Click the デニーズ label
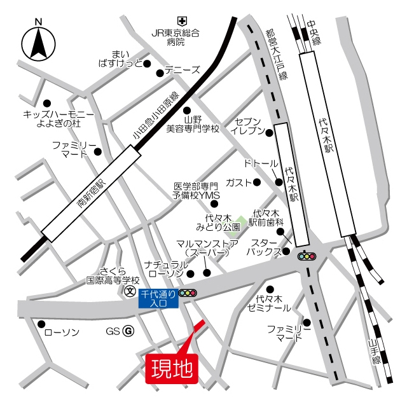(x=183, y=71)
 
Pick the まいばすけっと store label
(x=120, y=58)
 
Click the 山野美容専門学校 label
(x=192, y=123)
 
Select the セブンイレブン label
(x=248, y=126)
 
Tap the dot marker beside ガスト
(x=257, y=183)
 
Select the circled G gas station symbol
(x=128, y=331)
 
